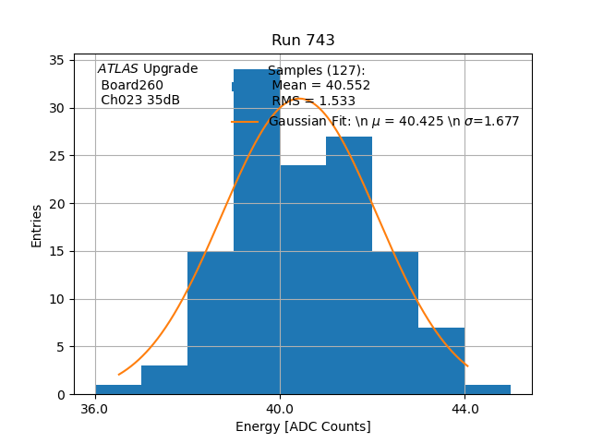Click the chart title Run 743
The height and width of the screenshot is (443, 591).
coord(303,41)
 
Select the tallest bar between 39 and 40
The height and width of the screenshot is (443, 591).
coord(257,231)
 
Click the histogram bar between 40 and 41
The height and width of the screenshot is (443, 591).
coord(303,277)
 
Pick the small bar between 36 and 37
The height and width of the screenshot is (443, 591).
coord(118,389)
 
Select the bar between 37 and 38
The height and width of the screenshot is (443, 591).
coord(164,380)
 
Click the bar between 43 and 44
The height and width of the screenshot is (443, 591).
coord(441,361)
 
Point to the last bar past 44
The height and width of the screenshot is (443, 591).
coord(488,389)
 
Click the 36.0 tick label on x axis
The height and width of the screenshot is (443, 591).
coord(95,409)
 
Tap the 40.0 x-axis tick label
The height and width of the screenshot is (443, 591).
coord(280,409)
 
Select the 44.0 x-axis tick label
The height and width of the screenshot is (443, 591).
coord(464,409)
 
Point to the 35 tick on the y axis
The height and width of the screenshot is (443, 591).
coord(56,60)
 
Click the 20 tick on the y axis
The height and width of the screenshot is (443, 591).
coord(56,203)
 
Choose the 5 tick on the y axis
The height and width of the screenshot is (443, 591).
coord(60,347)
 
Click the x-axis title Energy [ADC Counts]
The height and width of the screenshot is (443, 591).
coord(303,426)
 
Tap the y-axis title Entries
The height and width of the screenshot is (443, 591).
coord(37,225)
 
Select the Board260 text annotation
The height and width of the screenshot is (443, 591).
coord(132,86)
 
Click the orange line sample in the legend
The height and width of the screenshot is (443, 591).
coord(245,122)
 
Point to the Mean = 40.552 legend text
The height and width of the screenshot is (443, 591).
coord(320,86)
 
